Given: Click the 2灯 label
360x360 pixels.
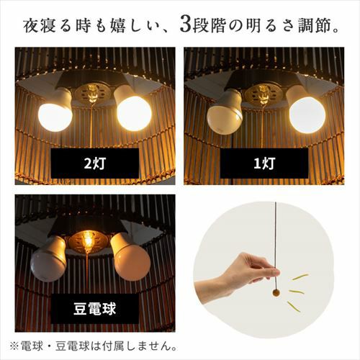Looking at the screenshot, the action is click(95, 163).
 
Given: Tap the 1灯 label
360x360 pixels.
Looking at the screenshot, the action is click(264, 163).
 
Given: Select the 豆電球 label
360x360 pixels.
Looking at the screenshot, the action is click(95, 309).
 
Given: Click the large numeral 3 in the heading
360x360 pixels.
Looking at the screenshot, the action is click(185, 27).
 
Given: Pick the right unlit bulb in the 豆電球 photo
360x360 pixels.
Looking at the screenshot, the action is click(132, 261).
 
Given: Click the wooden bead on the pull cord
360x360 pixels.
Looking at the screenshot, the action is click(276, 293).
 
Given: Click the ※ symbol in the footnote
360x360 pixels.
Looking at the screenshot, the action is click(14, 346).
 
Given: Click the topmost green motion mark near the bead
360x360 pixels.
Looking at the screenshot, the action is click(300, 277).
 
